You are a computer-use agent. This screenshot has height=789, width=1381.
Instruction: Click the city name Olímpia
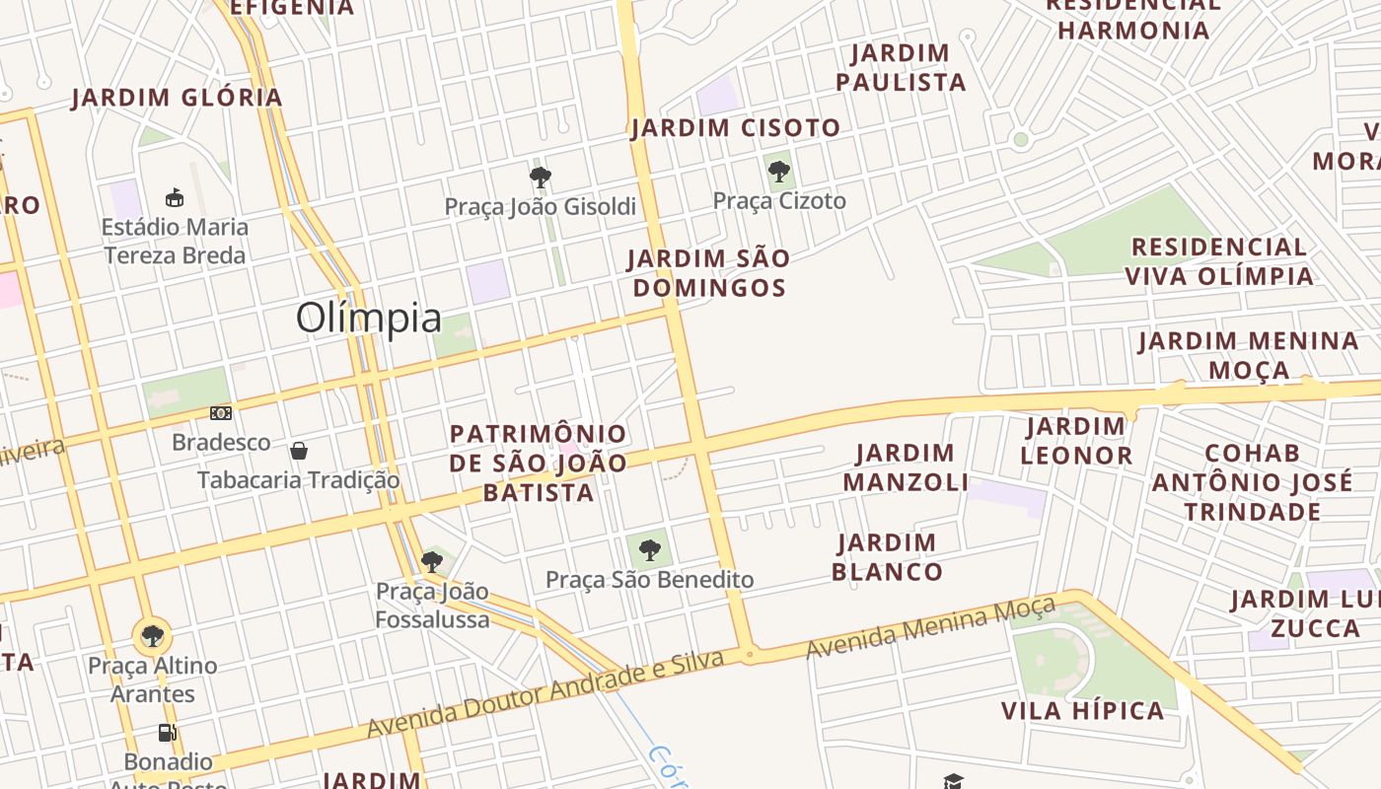click(x=369, y=319)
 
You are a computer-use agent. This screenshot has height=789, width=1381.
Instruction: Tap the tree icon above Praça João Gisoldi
click(x=540, y=178)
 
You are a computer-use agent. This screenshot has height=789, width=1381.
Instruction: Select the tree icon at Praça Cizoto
click(x=779, y=172)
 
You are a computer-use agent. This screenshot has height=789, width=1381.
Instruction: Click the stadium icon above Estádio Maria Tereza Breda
click(x=175, y=197)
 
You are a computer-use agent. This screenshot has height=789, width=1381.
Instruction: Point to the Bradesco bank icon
click(x=221, y=413)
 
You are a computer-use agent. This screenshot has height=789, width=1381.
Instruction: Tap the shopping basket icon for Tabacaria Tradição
click(x=299, y=451)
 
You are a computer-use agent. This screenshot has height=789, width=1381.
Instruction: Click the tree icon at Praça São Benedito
click(x=649, y=550)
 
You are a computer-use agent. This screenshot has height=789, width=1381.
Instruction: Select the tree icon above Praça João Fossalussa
click(x=431, y=562)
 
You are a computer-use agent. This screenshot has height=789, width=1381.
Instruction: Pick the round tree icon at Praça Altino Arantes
click(x=152, y=636)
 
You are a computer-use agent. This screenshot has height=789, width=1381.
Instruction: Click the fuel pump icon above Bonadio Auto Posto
click(x=167, y=733)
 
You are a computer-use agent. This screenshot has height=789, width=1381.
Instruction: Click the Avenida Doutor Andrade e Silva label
click(x=545, y=693)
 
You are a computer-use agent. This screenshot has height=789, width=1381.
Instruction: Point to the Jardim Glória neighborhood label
click(x=178, y=98)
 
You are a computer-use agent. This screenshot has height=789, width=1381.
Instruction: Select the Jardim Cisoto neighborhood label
click(x=736, y=127)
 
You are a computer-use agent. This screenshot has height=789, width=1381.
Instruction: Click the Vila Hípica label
click(x=1083, y=711)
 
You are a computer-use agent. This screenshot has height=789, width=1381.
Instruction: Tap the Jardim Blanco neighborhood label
click(x=887, y=557)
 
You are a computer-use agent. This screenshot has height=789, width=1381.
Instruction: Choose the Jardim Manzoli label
click(x=906, y=467)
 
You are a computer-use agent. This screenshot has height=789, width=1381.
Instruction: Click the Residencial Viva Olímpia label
click(x=1219, y=261)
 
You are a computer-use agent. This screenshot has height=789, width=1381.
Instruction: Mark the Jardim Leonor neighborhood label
click(x=1076, y=441)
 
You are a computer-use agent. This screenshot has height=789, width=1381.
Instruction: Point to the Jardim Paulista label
click(x=901, y=67)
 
